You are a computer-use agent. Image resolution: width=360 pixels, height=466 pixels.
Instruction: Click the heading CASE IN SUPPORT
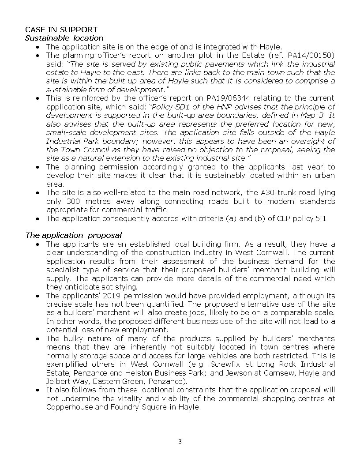coord(61,30)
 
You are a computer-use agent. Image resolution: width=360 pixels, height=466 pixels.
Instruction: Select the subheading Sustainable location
coord(64,38)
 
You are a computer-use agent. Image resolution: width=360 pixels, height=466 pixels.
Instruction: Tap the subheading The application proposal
coord(73,235)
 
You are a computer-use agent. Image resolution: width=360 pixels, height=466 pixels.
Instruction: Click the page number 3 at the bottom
coord(180,442)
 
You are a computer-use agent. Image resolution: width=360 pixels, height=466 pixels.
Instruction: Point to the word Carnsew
coord(281,373)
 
